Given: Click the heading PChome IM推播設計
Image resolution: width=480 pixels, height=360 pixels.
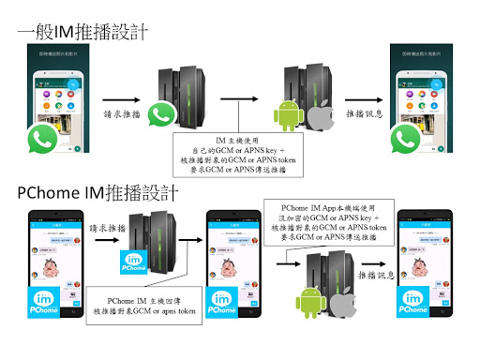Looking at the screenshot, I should coord(97,193).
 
